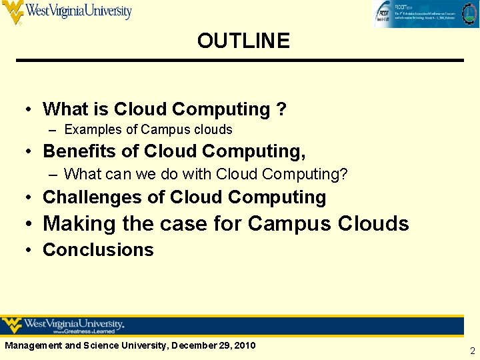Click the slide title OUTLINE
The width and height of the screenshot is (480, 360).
(x=243, y=41)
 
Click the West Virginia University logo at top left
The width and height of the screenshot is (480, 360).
(x=67, y=11)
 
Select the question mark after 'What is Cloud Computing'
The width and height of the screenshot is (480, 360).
(x=281, y=109)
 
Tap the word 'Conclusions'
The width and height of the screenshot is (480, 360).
(x=98, y=250)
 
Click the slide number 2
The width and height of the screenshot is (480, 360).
(x=472, y=351)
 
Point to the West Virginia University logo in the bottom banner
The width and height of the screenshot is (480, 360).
(x=63, y=326)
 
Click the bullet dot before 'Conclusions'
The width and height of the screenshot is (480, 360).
(x=31, y=250)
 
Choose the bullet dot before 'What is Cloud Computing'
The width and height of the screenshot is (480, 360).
(x=31, y=109)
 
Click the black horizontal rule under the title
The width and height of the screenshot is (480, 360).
(x=240, y=61)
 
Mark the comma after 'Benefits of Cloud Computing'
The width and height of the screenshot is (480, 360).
(x=303, y=156)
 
